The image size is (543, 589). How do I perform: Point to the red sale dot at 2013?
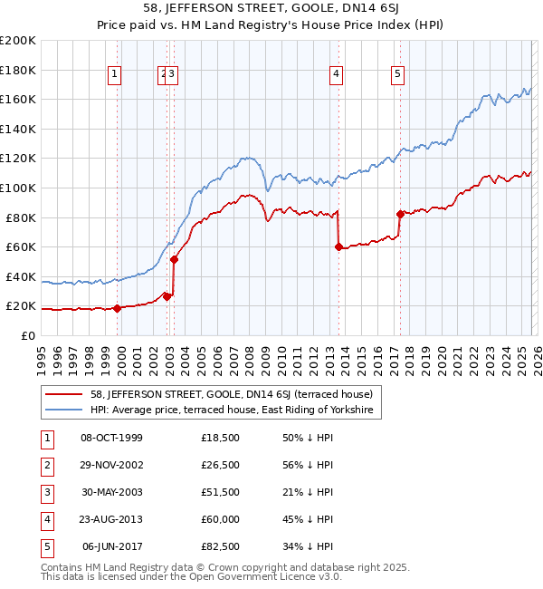[x=338, y=246]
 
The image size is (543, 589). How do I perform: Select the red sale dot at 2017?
[x=399, y=214]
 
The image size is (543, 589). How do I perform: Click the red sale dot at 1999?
[x=117, y=308]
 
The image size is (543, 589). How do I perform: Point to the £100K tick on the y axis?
[x=18, y=188]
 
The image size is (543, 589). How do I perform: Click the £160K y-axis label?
[x=18, y=99]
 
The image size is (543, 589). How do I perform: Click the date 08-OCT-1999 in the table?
[x=111, y=438]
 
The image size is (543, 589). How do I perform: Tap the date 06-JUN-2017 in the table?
[x=111, y=546]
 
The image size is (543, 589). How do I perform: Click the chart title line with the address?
[x=271, y=10]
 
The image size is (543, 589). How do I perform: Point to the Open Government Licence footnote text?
[x=178, y=576]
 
